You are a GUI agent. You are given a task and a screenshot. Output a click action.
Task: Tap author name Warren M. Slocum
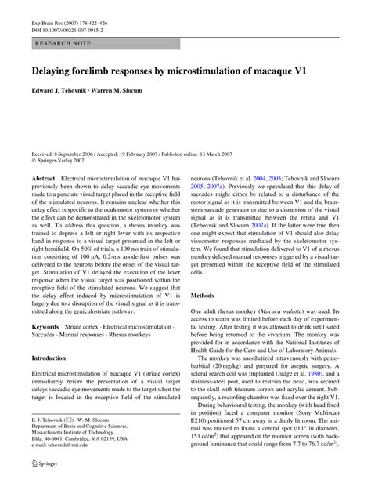click(x=124, y=92)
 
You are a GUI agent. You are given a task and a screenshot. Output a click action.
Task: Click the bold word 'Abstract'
click(x=43, y=179)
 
